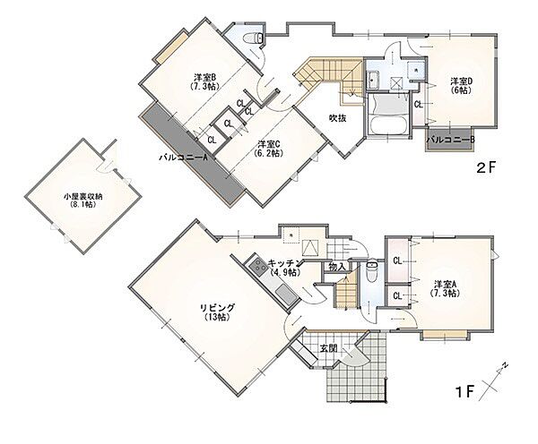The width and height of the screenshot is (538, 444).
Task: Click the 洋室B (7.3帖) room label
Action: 204,81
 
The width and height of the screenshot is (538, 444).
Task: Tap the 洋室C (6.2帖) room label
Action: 269,148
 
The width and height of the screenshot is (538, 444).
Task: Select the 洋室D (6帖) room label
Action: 461,86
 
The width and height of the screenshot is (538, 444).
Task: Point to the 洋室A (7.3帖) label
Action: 445,288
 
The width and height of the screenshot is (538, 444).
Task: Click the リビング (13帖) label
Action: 217,312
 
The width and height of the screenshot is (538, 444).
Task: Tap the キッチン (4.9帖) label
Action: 285,268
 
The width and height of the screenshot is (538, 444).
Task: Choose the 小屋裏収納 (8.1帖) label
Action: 83,201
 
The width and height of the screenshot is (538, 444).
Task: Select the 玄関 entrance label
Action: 328,348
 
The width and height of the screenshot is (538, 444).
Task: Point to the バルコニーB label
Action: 450,140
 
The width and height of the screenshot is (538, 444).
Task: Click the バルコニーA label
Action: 184,158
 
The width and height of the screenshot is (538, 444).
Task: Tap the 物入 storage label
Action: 336,267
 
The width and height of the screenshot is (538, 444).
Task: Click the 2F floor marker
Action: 487,167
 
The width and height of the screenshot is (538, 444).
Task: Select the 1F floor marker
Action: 464,391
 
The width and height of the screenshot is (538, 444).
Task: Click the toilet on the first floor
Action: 371,271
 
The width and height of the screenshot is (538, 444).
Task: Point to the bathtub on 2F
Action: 388,125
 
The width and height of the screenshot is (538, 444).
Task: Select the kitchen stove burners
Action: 257,266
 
